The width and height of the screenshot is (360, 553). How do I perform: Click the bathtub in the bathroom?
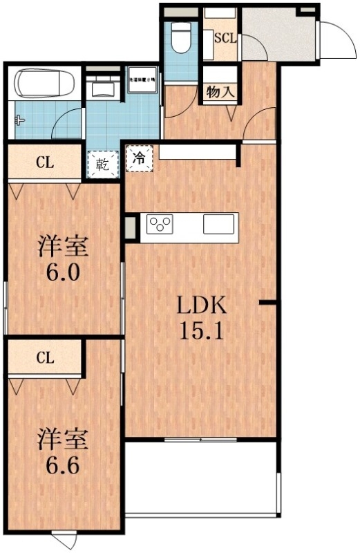(44, 84)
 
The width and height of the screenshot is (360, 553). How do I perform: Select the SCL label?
(225, 39)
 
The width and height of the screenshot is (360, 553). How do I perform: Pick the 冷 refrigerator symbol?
(139, 157)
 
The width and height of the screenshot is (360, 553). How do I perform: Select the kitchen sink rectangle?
(219, 225)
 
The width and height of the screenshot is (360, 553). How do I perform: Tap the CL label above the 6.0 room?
(45, 163)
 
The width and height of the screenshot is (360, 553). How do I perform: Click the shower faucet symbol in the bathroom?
(19, 119)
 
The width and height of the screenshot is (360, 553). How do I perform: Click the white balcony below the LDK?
(202, 477)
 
